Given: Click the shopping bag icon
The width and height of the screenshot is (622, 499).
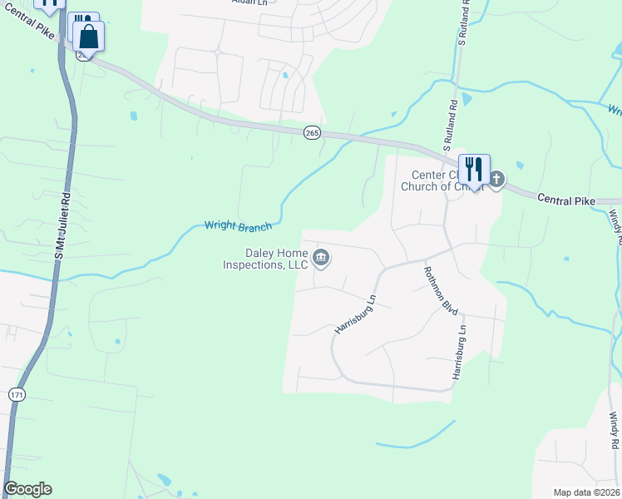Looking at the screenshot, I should pos(89,37).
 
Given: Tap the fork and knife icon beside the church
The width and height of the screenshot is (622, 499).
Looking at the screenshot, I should pos(473,169).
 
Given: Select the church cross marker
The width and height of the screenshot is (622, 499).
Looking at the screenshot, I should pos(496,179).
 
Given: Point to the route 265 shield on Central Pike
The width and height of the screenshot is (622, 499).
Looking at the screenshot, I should pos(312,133).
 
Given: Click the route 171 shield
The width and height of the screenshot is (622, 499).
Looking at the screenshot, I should pos(17,394).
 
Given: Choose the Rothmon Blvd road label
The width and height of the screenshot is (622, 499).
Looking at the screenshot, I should pos(441,289).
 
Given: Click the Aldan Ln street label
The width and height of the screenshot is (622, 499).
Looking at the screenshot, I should pos(249,2).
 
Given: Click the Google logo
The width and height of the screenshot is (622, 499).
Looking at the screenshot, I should pos(27,489).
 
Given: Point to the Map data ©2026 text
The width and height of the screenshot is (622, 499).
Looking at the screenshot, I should pos(586,492).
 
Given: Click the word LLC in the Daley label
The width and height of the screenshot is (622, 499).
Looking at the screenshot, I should pos(296,265).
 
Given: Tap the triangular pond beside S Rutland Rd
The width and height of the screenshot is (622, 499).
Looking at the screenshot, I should pos(466,100).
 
